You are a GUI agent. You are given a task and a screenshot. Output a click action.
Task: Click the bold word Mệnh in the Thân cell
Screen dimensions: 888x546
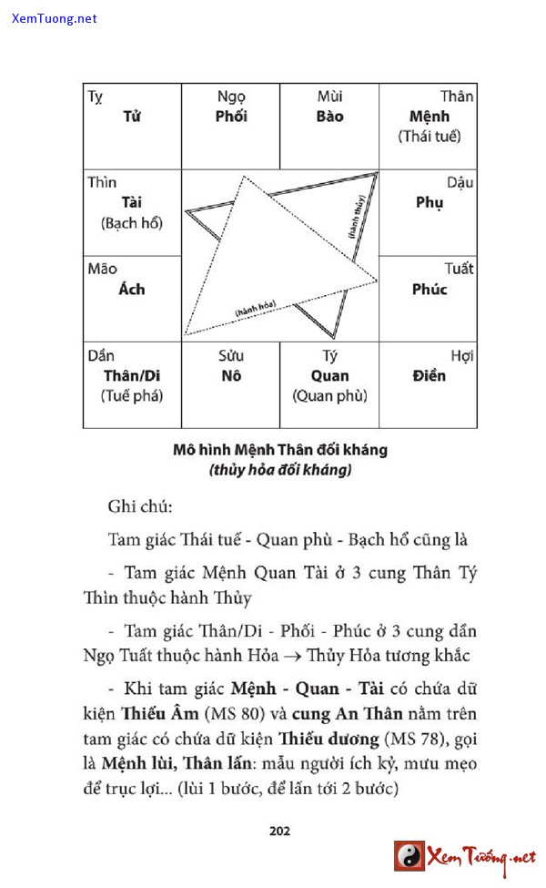[429, 117]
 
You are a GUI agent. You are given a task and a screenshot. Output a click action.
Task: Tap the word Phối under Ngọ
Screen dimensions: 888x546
[231, 117]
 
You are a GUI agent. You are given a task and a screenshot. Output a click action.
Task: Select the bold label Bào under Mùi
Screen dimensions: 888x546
[329, 117]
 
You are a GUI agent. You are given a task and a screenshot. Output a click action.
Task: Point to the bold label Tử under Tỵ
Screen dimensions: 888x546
[132, 117]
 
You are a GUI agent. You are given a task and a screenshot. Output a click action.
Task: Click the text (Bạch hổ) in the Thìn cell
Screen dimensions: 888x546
[132, 222]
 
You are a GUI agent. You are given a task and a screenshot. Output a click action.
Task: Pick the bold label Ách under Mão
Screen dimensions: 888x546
[132, 289]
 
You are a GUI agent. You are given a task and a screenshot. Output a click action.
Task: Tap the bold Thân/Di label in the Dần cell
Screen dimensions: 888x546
[132, 375]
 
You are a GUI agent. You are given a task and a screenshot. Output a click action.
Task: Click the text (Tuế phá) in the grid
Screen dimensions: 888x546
[132, 396]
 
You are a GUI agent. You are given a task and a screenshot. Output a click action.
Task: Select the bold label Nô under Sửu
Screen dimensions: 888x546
[231, 375]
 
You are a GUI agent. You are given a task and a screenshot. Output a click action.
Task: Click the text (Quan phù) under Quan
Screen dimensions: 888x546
[329, 396]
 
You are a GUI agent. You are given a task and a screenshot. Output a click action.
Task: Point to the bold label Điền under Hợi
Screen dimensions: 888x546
[429, 375]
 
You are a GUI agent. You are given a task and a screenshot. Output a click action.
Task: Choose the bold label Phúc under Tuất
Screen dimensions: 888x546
[429, 289]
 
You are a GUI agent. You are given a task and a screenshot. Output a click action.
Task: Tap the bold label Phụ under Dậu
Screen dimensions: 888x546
[429, 202]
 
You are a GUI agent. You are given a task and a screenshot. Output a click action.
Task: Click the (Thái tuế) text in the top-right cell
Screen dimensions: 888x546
[429, 137]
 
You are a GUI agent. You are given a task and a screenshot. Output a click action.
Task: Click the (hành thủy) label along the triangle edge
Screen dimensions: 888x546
[357, 217]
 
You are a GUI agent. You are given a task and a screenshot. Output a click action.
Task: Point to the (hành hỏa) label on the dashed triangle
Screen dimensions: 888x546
[256, 309]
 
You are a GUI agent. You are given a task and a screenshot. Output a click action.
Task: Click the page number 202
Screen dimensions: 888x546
[279, 830]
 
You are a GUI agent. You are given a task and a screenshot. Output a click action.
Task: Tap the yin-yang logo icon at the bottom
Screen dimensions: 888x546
[409, 856]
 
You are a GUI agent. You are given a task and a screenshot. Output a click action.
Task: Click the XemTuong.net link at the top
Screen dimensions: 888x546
[55, 19]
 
